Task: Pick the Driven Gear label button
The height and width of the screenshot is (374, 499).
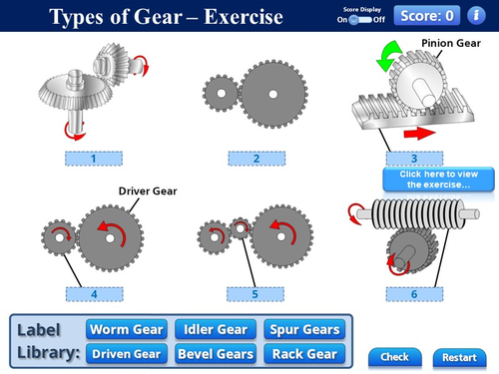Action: coord(126,353)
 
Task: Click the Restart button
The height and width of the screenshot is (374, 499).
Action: coord(459,357)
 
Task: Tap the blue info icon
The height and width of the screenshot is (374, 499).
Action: coord(479,15)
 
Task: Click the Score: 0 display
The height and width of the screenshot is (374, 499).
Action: coord(428,15)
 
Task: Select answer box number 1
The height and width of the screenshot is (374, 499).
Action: coord(93,158)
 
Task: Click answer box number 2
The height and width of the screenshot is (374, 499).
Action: coord(255,158)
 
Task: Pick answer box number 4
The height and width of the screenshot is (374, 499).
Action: coord(93,294)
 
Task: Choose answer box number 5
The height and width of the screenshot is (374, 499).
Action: coord(255,294)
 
